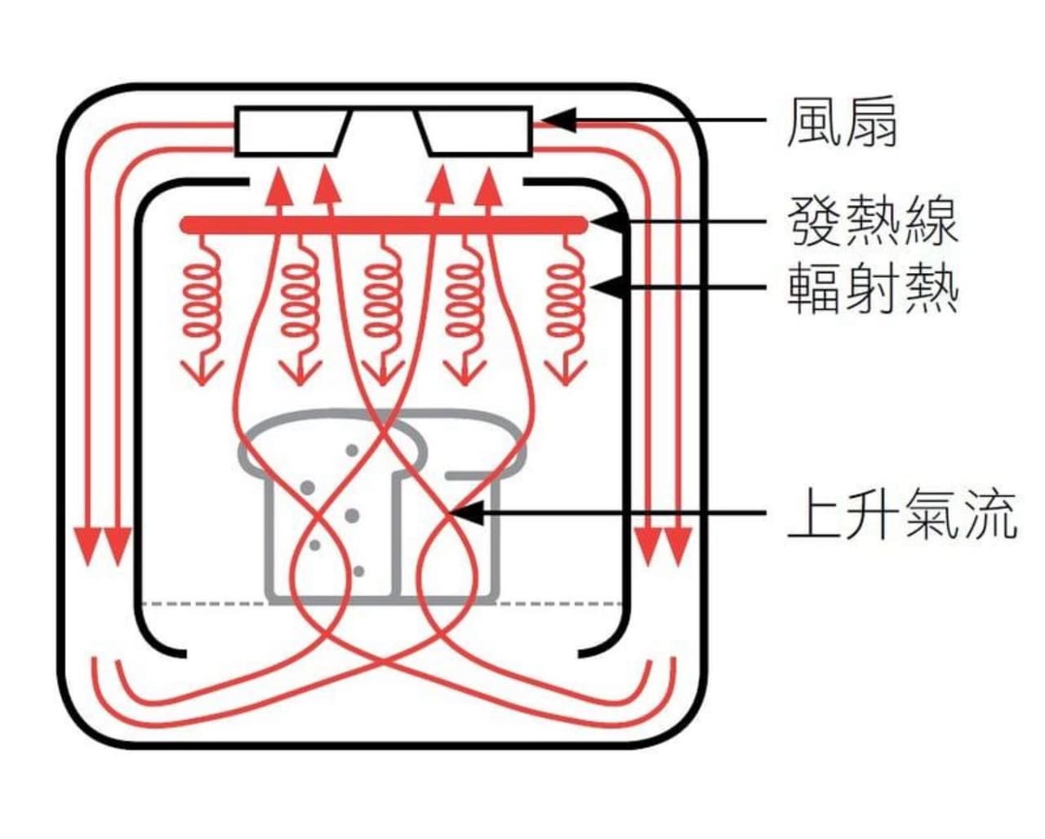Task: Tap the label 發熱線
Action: [x=873, y=221]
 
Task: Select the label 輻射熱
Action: [x=873, y=289]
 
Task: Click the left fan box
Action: [x=291, y=131]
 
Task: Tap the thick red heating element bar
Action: [x=384, y=224]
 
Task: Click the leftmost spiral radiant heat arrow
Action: [x=202, y=311]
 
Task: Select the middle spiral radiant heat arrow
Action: [x=383, y=311]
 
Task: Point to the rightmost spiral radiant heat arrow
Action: [x=565, y=311]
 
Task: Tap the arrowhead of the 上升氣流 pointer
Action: [x=467, y=513]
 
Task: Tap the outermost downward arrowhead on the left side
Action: [x=87, y=546]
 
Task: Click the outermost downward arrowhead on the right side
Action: [x=678, y=546]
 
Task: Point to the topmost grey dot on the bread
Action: [x=352, y=450]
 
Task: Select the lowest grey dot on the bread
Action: [x=359, y=571]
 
